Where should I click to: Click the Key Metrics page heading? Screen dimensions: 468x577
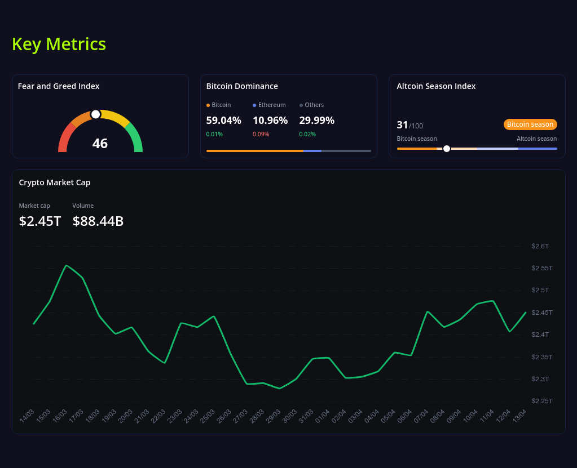59,44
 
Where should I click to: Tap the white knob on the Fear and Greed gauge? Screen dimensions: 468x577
96,114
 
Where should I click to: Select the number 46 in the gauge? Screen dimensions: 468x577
100,144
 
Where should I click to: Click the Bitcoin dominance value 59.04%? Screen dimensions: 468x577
223,121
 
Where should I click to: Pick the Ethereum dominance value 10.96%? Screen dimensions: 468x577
270,121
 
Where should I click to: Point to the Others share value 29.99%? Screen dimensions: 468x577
316,121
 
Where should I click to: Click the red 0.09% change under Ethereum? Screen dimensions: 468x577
261,134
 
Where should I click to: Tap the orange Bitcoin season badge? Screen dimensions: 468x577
530,124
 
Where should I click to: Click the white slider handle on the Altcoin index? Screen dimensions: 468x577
447,149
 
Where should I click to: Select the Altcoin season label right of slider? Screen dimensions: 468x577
536,139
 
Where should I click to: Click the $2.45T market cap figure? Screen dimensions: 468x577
40,221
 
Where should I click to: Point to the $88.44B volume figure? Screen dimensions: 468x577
98,221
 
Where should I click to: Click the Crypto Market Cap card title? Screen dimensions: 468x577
55,182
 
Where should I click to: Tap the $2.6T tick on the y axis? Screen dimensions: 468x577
540,246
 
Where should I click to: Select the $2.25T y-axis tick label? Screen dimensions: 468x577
541,401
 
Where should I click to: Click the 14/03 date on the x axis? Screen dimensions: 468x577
27,416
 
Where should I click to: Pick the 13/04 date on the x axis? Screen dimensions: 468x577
519,416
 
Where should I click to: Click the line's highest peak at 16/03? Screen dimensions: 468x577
67,265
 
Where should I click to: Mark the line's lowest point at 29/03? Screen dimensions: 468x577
280,388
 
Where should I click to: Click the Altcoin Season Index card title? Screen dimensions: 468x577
436,86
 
